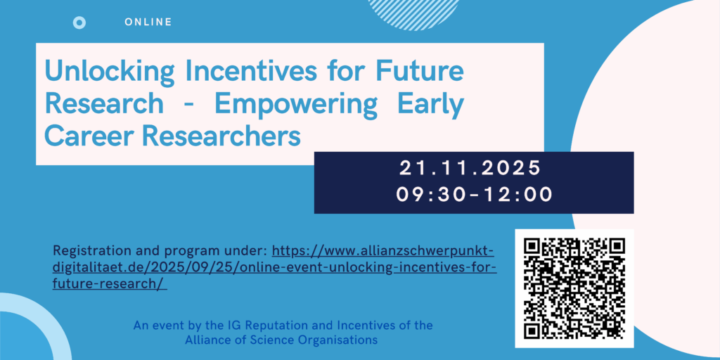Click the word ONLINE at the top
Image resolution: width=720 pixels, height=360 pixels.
click(148, 22)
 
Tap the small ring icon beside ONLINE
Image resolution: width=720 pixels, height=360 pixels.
click(79, 22)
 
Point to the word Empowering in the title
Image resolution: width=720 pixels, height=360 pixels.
click(295, 105)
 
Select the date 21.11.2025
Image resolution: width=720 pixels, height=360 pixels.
click(470, 169)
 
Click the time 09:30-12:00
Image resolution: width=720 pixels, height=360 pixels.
click(474, 195)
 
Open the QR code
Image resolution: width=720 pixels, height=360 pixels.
click(574, 288)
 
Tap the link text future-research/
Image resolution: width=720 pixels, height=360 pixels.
click(109, 284)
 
